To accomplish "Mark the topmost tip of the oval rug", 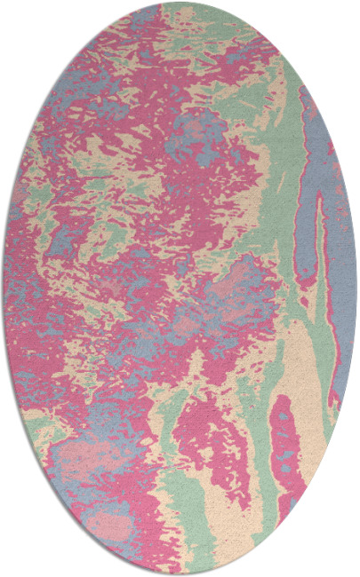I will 180,3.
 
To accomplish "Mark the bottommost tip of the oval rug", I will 180,573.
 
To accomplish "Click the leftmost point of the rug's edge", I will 4,288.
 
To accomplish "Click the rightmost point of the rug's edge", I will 356,288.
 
